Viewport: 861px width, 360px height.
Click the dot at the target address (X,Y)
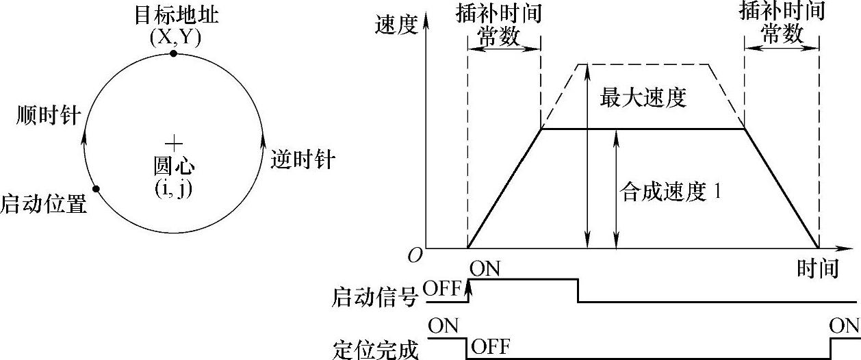(174, 53)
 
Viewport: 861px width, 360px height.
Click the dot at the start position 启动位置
(97, 189)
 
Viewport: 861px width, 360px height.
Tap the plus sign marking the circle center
(174, 143)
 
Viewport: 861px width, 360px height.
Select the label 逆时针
(303, 159)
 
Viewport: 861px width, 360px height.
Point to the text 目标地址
(176, 14)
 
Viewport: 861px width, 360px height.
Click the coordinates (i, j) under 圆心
(174, 188)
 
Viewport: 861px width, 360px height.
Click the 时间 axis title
(818, 268)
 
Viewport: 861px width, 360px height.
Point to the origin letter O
(414, 256)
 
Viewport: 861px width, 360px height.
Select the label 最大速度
(643, 98)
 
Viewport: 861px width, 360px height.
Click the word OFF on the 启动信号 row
(443, 289)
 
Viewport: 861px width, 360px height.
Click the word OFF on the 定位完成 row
(490, 346)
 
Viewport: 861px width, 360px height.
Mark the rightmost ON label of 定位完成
(844, 326)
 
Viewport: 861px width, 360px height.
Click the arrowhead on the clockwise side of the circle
(84, 136)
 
